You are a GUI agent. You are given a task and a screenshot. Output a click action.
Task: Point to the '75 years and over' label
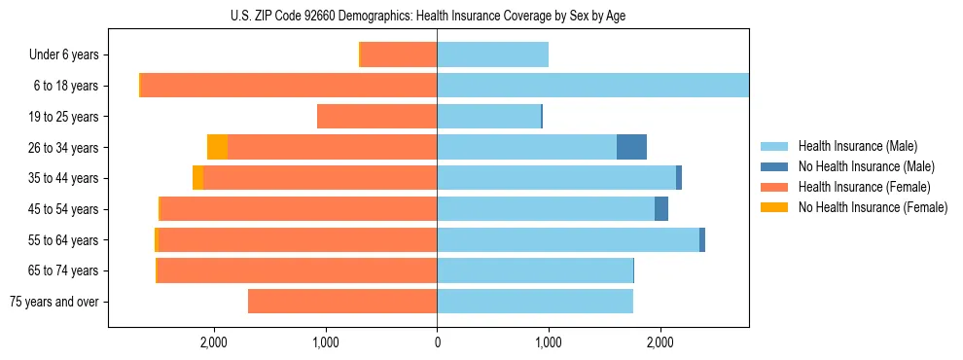[54, 302]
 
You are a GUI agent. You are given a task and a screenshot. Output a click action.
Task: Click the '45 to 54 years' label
[62, 209]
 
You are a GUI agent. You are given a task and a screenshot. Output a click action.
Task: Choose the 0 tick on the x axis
[437, 342]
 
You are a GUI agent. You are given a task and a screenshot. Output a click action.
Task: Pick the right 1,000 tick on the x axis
[549, 342]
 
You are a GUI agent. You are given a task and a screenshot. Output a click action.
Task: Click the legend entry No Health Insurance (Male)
[866, 166]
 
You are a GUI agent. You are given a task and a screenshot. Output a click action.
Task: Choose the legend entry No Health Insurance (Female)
[873, 207]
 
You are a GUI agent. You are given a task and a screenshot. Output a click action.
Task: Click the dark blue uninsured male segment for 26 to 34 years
[631, 147]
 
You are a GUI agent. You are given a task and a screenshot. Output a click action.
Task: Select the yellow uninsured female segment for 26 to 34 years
[217, 147]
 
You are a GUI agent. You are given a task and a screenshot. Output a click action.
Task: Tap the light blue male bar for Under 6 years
[492, 54]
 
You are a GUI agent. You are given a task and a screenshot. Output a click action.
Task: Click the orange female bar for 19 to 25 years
[376, 117]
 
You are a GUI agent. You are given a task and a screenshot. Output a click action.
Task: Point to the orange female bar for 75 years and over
[342, 302]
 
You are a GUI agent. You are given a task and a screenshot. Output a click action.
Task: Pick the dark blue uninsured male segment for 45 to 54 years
[661, 209]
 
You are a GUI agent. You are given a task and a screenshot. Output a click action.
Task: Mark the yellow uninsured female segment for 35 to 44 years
[197, 178]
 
